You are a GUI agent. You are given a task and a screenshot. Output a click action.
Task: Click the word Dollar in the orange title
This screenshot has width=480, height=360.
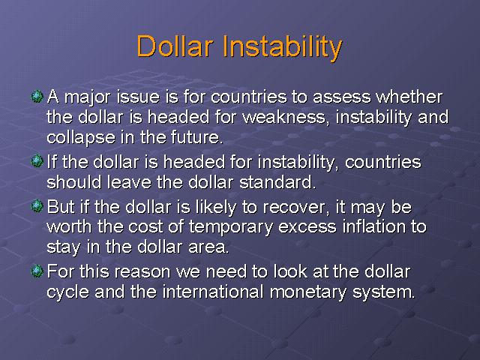175,46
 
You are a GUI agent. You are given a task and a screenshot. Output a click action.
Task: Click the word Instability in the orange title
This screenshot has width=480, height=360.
283,48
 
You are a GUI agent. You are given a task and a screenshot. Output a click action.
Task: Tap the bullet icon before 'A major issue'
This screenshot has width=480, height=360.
37,97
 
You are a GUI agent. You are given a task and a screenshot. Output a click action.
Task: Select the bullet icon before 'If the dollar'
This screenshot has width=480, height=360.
37,161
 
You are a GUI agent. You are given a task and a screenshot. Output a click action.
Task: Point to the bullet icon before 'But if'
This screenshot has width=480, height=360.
37,207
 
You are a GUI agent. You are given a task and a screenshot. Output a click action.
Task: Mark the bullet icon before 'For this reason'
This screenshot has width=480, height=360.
37,271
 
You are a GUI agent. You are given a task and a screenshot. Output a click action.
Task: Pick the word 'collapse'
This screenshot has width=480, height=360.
81,138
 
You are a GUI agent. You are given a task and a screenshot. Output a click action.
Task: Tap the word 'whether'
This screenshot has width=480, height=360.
409,97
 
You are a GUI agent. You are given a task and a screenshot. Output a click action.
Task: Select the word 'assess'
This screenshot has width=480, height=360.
341,98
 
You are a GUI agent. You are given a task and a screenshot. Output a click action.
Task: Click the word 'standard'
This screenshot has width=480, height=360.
277,182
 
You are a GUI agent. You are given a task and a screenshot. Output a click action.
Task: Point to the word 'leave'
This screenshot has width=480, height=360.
129,182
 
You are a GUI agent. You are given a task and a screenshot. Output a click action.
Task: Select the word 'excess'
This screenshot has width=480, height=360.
307,228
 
